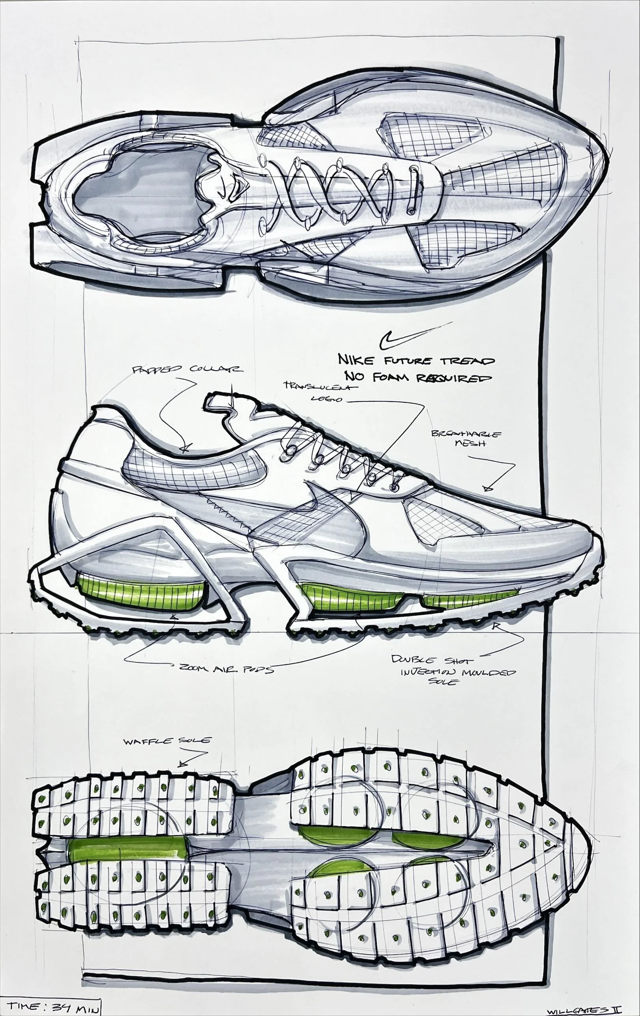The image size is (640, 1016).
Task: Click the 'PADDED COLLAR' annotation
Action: click(x=187, y=370)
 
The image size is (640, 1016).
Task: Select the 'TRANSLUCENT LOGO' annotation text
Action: click(x=320, y=392)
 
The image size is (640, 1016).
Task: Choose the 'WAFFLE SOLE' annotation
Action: click(x=167, y=741)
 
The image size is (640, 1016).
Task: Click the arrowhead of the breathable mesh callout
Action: click(x=488, y=488)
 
